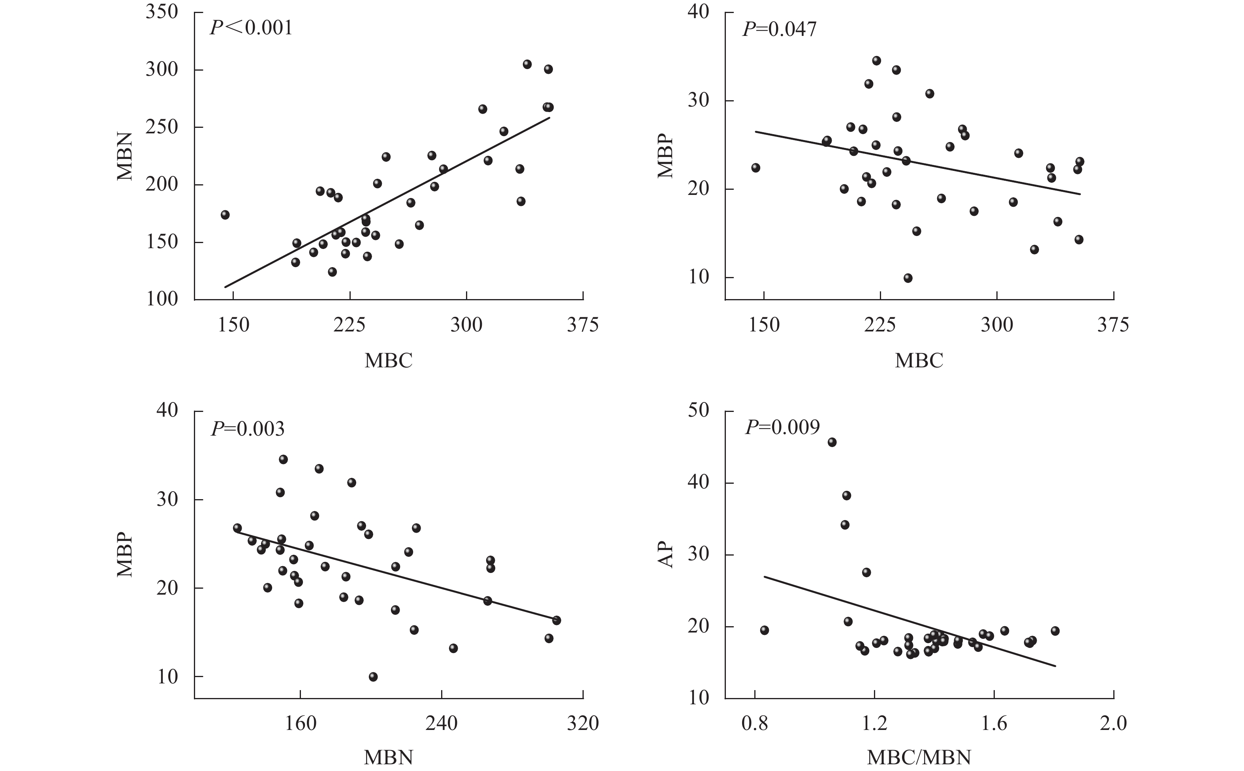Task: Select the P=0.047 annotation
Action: tap(779, 29)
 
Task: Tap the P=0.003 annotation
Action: tap(248, 429)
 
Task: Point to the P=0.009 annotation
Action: tap(782, 427)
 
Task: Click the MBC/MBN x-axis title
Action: tap(919, 758)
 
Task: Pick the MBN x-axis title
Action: tap(388, 758)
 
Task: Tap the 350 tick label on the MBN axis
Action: tap(162, 12)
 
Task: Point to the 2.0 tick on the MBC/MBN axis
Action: tap(1113, 724)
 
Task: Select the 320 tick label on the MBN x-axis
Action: tap(583, 724)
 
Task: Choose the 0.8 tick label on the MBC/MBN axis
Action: tap(755, 724)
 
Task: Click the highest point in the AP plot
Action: tap(832, 442)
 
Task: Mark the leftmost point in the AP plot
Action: tap(764, 630)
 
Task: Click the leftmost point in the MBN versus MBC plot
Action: tap(225, 215)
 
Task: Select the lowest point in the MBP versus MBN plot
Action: tap(373, 677)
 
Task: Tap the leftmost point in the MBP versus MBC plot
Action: tap(756, 168)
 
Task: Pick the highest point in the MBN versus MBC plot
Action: tap(527, 64)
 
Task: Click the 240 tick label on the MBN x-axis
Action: tap(442, 724)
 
